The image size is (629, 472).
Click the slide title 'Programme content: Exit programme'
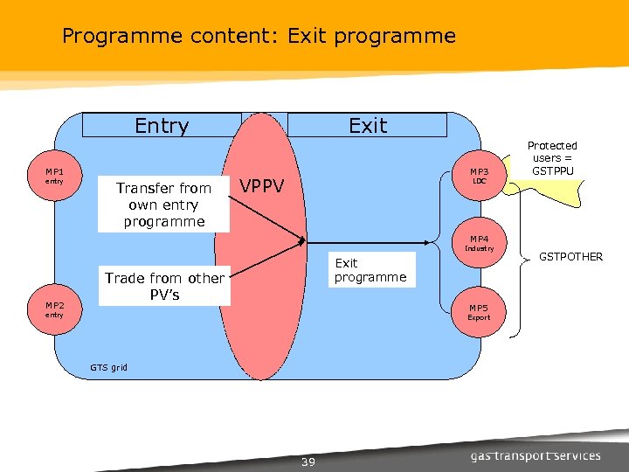[x=259, y=36]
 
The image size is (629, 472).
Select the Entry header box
[x=162, y=126]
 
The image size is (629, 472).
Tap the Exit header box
[x=367, y=126]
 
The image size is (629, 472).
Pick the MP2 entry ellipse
[x=54, y=309]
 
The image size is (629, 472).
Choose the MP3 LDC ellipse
[x=479, y=176]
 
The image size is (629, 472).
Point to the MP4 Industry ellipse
[x=479, y=242]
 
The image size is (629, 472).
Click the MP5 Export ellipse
[x=479, y=312]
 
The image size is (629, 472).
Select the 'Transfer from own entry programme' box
[x=163, y=205]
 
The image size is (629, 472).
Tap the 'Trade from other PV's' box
[x=164, y=286]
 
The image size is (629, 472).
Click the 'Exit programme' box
[x=370, y=270]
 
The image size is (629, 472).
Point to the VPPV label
[x=262, y=185]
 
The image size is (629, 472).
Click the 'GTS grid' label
[x=108, y=367]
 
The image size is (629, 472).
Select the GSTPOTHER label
[x=570, y=257]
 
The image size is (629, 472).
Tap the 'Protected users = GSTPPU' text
[x=552, y=158]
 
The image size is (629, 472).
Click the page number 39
[x=308, y=462]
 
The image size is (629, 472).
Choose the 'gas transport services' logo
[x=536, y=455]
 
